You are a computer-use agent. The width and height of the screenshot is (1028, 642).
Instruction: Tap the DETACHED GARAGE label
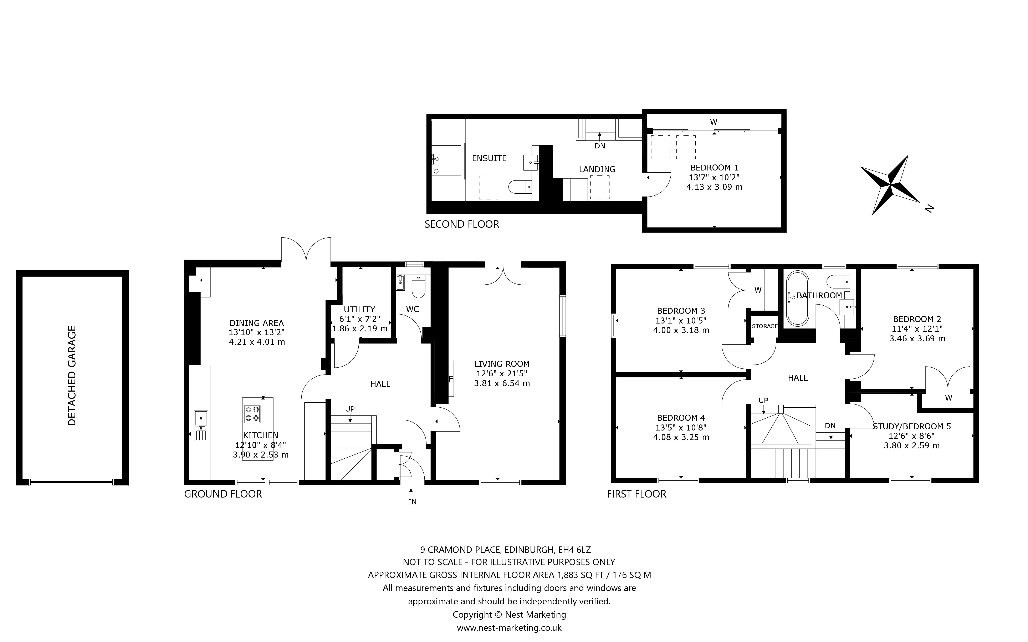(72, 376)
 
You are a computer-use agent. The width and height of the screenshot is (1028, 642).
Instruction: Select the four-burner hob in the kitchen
(252, 414)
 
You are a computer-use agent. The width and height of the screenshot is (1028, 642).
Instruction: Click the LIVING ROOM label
(502, 364)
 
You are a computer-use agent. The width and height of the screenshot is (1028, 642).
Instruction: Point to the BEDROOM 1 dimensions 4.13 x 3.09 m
(714, 187)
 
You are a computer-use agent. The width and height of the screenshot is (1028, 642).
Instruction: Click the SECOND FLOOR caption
(462, 224)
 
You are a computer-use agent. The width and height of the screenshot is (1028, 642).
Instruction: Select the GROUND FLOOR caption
(223, 494)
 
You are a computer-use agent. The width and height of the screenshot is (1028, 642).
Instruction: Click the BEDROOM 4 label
(681, 418)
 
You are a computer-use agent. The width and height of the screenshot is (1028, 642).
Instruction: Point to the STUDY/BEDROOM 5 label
(912, 426)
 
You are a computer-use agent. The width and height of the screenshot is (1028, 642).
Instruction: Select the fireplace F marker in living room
(451, 379)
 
